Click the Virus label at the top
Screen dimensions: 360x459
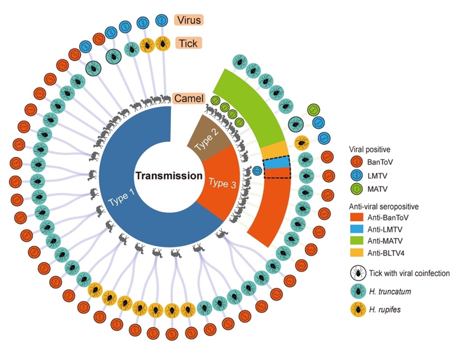point(188,21)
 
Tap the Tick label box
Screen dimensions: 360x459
point(188,42)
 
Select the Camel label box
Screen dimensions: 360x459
point(189,99)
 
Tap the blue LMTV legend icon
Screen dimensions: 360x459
point(357,175)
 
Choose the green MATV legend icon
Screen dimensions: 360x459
point(357,189)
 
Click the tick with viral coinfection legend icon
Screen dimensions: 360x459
point(357,273)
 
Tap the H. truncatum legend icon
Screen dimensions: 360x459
point(357,292)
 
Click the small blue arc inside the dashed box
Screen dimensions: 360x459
point(277,163)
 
